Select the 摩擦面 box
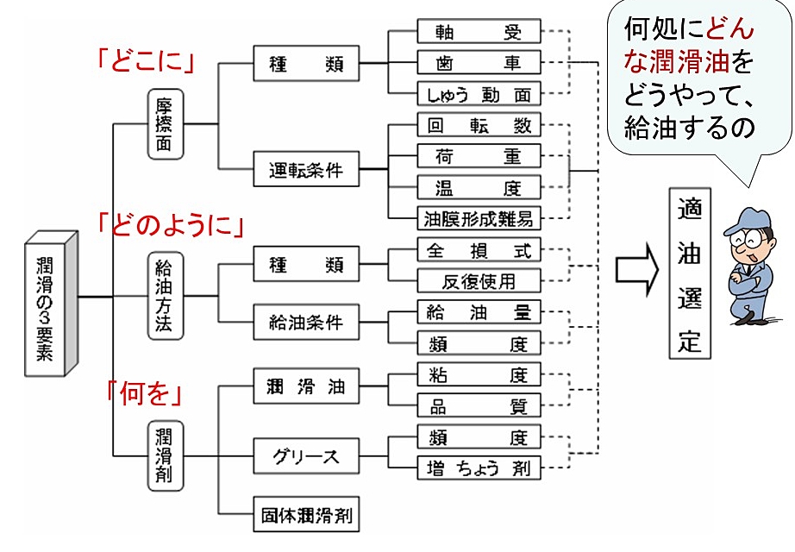(x=164, y=124)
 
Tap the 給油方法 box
(x=164, y=295)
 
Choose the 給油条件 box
(x=305, y=323)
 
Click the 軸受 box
(x=479, y=32)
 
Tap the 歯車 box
(x=479, y=63)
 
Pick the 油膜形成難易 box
(x=479, y=218)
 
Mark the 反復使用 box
(x=479, y=280)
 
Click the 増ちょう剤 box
(x=479, y=468)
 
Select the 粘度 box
(x=479, y=375)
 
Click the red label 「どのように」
(x=172, y=226)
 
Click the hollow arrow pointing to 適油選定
(x=636, y=273)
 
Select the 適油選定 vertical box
(x=689, y=273)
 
